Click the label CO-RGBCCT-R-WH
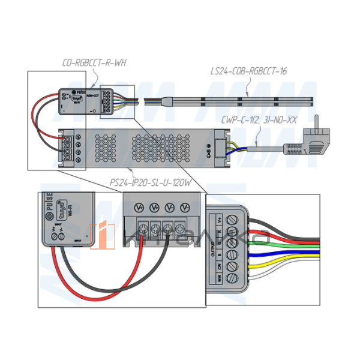94,62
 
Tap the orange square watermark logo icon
102,235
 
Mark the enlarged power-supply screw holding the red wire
143,228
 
